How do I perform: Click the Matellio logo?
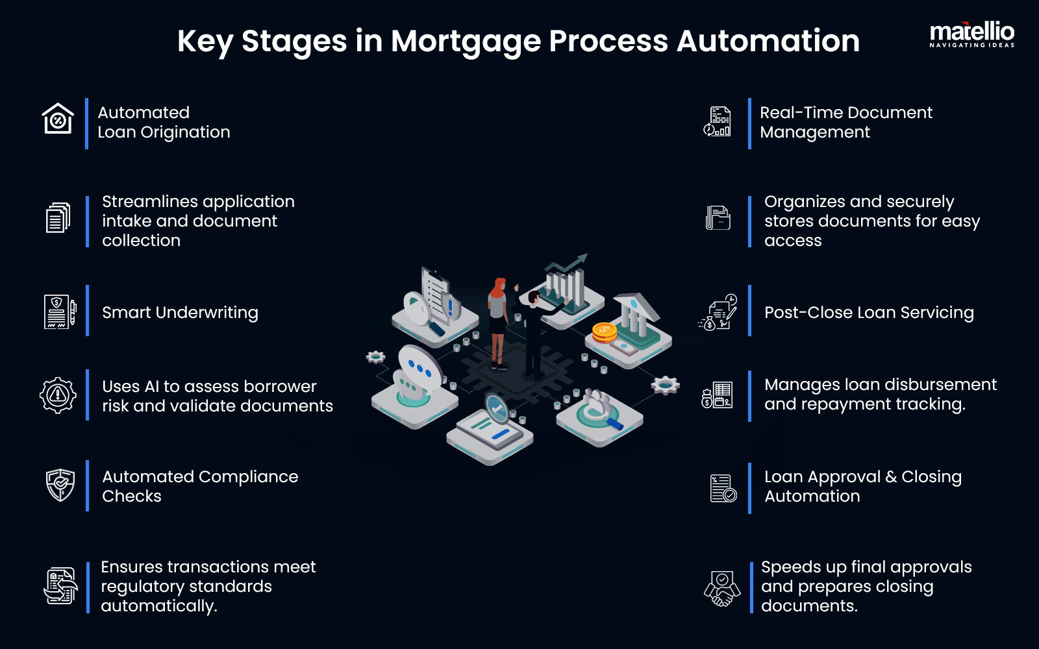tap(971, 34)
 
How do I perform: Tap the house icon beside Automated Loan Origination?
tap(58, 119)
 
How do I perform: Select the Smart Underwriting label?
tap(180, 312)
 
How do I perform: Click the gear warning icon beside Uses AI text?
tap(58, 395)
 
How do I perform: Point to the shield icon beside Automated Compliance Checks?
tap(60, 485)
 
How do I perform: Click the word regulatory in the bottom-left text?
tap(141, 586)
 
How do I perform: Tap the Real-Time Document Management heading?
tap(845, 122)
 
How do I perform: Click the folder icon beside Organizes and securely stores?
tap(718, 217)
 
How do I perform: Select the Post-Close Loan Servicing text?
tap(869, 312)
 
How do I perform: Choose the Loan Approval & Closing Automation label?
tap(862, 486)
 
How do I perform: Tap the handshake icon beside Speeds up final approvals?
tap(722, 589)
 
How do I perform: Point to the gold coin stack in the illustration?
tap(604, 332)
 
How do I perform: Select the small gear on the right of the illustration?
tap(666, 385)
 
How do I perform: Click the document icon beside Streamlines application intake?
tap(58, 217)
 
